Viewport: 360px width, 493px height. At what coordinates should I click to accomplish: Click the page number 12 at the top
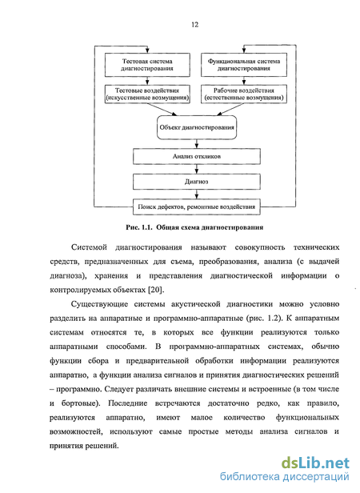tap(194, 25)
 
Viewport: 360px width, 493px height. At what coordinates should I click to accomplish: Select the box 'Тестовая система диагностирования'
tap(147, 65)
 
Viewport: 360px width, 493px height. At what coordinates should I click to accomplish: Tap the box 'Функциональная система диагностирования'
tap(244, 65)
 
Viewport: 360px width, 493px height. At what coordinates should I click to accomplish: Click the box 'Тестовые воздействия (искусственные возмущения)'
tap(147, 94)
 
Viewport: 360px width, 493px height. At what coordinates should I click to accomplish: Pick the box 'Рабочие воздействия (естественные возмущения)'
tap(244, 94)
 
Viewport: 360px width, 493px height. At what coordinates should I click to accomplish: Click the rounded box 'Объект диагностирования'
tap(197, 127)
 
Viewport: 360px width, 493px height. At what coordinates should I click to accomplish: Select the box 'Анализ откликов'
tap(197, 156)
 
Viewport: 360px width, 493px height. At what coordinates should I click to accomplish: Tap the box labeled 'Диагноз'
tap(197, 182)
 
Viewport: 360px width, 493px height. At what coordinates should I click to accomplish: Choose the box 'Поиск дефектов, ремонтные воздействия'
tap(197, 206)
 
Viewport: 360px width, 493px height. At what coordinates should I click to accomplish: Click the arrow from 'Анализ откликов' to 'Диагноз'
tap(197, 169)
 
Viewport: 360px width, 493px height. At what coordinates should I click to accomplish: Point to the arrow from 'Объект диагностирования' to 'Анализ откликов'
tap(197, 144)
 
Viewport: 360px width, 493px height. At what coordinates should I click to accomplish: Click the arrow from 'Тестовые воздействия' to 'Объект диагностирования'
tap(162, 110)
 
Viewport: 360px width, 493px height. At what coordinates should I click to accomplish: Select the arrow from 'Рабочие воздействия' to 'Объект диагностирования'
tap(230, 110)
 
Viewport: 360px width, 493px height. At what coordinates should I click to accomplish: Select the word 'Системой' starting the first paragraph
tap(89, 247)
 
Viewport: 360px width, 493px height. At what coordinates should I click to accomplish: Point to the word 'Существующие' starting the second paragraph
tap(98, 304)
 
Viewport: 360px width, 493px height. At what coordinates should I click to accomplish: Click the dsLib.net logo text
tap(315, 463)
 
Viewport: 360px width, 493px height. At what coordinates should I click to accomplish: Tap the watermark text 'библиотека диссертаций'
tap(285, 477)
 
